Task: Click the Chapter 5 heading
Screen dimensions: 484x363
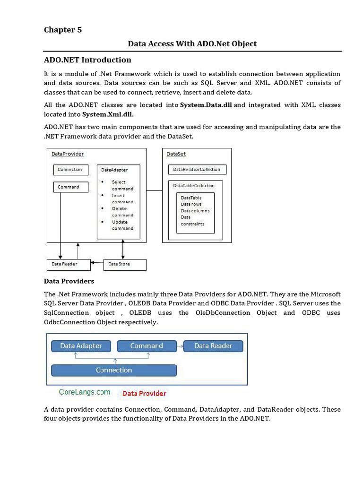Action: coord(63,30)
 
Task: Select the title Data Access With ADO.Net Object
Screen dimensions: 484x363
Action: coord(192,43)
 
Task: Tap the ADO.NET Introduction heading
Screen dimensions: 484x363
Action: coord(87,60)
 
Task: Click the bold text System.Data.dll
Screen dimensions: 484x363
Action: coord(206,105)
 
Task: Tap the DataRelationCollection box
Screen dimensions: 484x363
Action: coord(197,170)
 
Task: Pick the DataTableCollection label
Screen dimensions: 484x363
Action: coord(194,186)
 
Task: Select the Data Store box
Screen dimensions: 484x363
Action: coord(124,264)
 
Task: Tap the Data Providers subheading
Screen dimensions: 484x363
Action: coord(69,281)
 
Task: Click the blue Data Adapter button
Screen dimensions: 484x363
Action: coord(81,346)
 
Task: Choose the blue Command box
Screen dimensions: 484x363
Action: coord(147,346)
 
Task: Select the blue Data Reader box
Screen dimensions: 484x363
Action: coord(213,346)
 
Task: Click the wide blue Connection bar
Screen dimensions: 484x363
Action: coord(114,370)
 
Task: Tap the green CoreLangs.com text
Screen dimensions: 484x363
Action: coord(85,392)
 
